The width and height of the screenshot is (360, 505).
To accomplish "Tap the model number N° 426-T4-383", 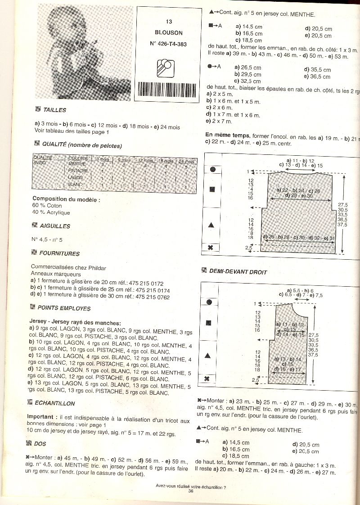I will tap(167, 44).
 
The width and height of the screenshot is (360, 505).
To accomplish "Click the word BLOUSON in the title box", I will tap(168, 33).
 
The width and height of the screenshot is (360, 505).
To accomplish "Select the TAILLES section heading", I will tap(54, 110).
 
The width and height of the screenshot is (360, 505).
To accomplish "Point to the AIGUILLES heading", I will tap(54, 226).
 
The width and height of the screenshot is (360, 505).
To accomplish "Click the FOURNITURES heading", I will tap(59, 253).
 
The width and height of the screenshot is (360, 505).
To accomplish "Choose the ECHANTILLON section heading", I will tap(54, 403).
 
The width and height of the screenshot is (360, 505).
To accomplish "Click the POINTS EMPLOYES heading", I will tap(63, 308).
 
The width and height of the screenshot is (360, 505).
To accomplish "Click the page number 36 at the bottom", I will tap(190, 491).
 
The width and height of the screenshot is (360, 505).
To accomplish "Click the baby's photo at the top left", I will tap(84, 52).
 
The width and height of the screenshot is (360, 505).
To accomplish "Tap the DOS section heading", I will tap(40, 444).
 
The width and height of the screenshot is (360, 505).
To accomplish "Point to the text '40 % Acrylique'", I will tap(51, 212).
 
